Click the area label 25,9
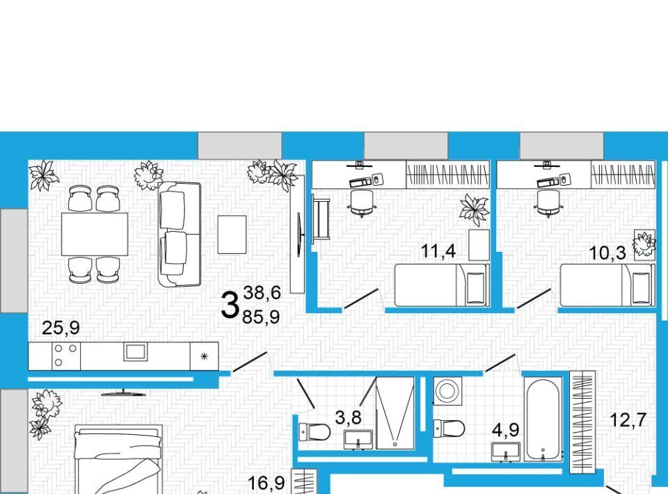(61, 328)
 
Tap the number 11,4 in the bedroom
(438, 251)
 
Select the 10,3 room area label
(607, 253)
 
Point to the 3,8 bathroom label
(349, 417)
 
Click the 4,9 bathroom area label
(506, 430)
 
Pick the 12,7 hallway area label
(628, 420)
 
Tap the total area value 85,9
(261, 317)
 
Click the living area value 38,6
(262, 292)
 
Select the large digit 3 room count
(230, 305)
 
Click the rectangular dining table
(95, 234)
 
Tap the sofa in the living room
(180, 234)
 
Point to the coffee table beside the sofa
(232, 234)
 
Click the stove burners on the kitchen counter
(66, 356)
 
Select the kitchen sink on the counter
(136, 352)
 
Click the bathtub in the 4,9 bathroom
(543, 420)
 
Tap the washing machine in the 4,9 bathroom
(447, 391)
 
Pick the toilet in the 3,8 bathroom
(314, 432)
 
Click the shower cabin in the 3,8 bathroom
(395, 413)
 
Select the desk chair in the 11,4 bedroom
(362, 202)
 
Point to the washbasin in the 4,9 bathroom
(506, 452)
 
